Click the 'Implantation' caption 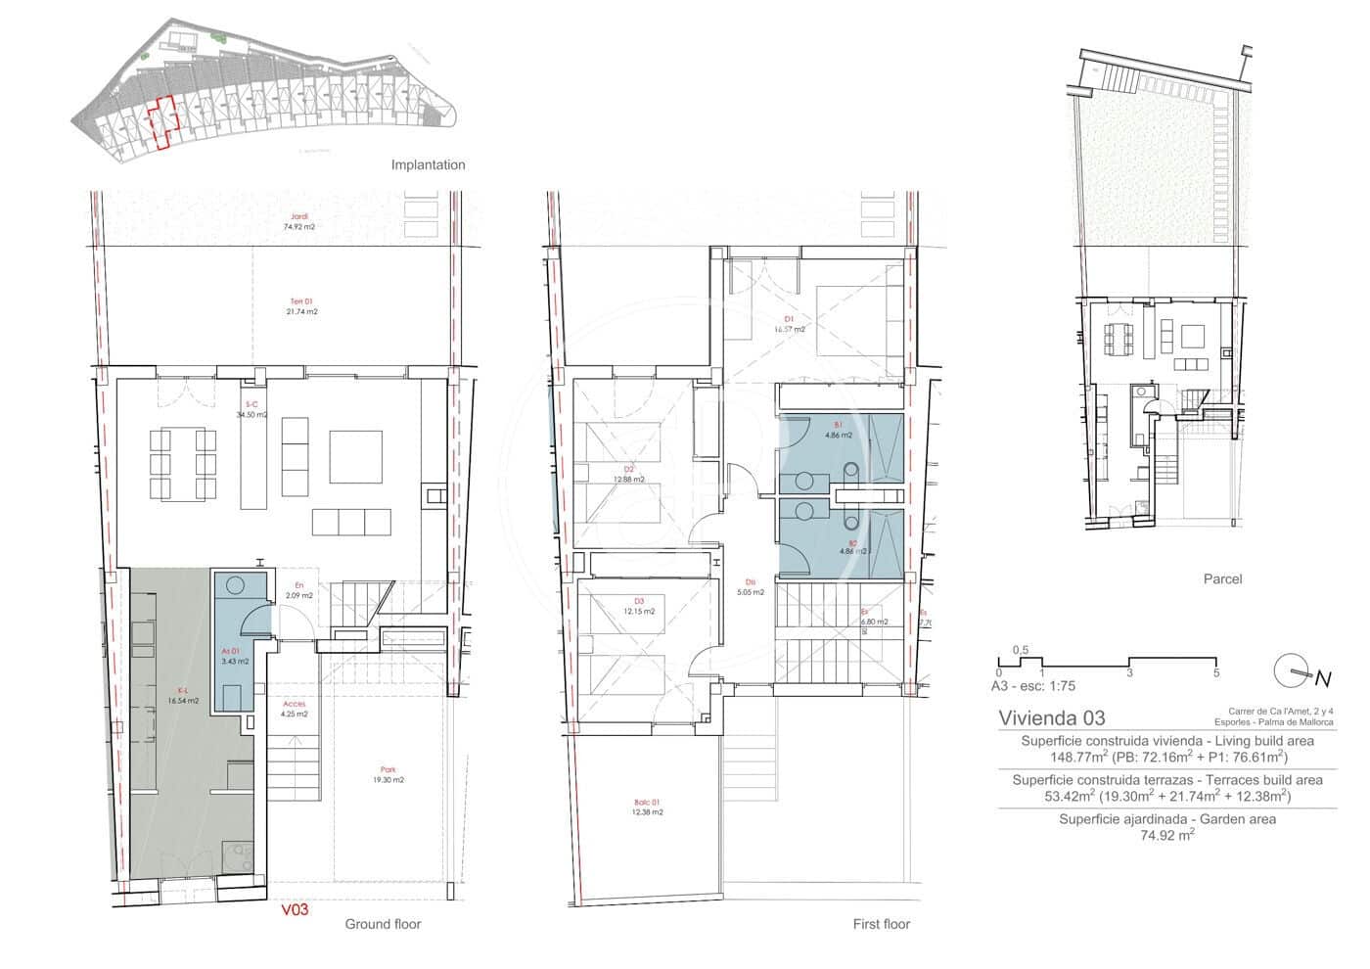pyautogui.click(x=428, y=164)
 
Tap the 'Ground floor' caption pyautogui.click(x=383, y=924)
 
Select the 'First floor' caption pyautogui.click(x=882, y=924)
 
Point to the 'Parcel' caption pyautogui.click(x=1222, y=578)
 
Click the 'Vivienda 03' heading pyautogui.click(x=1051, y=717)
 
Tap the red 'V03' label pyautogui.click(x=295, y=909)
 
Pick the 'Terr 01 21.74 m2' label pyautogui.click(x=301, y=306)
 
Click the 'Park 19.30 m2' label pyautogui.click(x=388, y=774)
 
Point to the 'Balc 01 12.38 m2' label pyautogui.click(x=647, y=807)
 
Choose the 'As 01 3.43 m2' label pyautogui.click(x=235, y=656)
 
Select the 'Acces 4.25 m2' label pyautogui.click(x=294, y=709)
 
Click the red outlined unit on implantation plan pyautogui.click(x=162, y=122)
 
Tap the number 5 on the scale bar pyautogui.click(x=1215, y=673)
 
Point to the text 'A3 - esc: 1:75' pyautogui.click(x=1033, y=686)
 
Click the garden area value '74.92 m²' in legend pyautogui.click(x=1166, y=835)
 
